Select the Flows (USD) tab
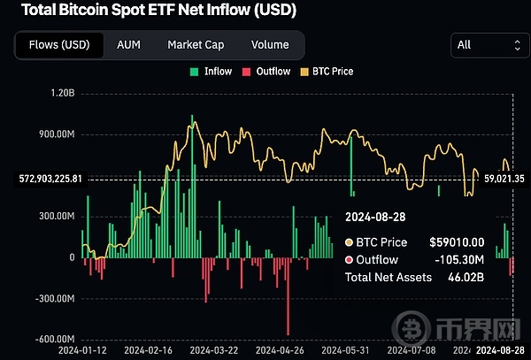59,44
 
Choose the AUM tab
129,44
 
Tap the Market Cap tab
196,44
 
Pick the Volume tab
269,44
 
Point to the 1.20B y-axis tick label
61,93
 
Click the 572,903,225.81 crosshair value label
50,179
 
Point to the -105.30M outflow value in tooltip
458,260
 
